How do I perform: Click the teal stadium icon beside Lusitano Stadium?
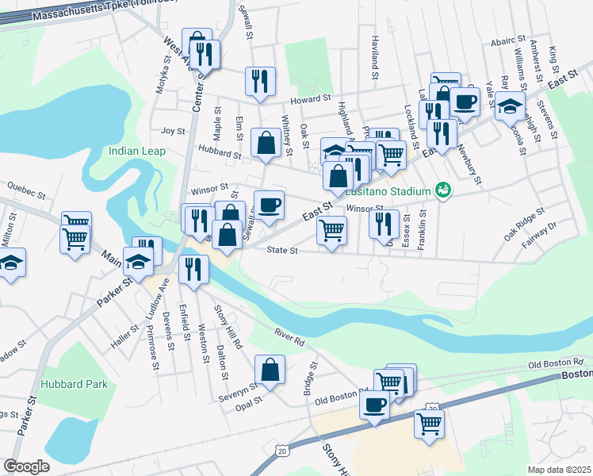[442, 190]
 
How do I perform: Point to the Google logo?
[27, 466]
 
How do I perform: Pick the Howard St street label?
[309, 98]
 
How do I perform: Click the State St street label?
[281, 251]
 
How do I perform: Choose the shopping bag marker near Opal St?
[270, 370]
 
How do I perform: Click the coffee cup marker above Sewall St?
[269, 205]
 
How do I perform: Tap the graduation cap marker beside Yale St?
[510, 105]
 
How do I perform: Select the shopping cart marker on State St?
[331, 231]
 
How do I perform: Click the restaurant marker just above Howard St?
[260, 82]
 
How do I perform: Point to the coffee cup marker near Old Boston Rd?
[374, 404]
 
